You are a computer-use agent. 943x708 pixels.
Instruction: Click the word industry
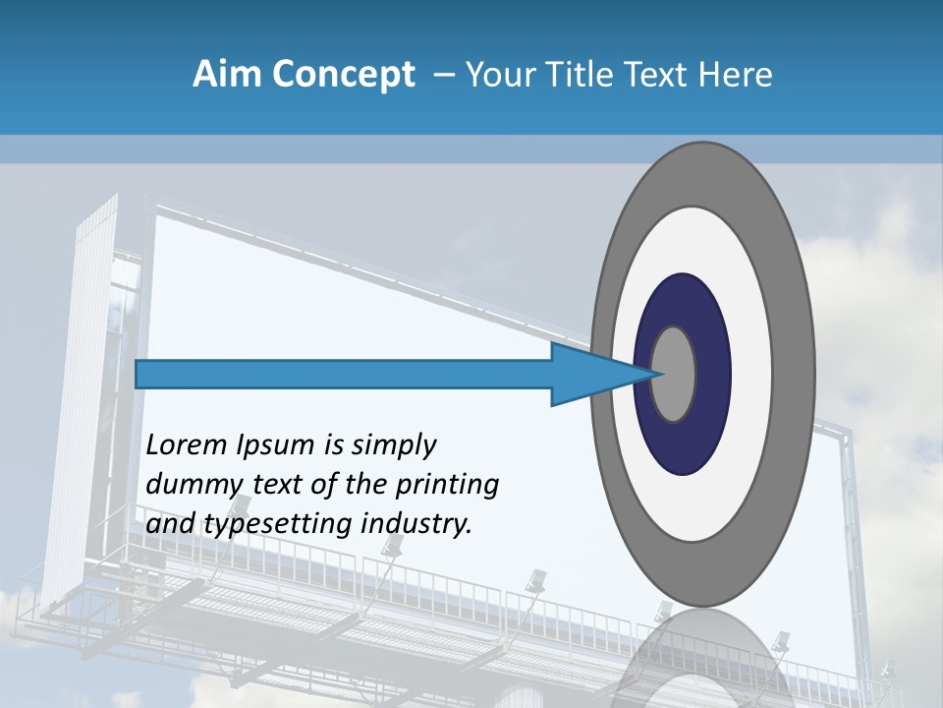(416, 524)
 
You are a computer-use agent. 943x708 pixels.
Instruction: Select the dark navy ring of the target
(683, 442)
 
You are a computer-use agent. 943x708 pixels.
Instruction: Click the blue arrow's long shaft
(344, 374)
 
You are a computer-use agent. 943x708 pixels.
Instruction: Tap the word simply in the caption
(393, 445)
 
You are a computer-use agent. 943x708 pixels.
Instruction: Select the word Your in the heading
(497, 75)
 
